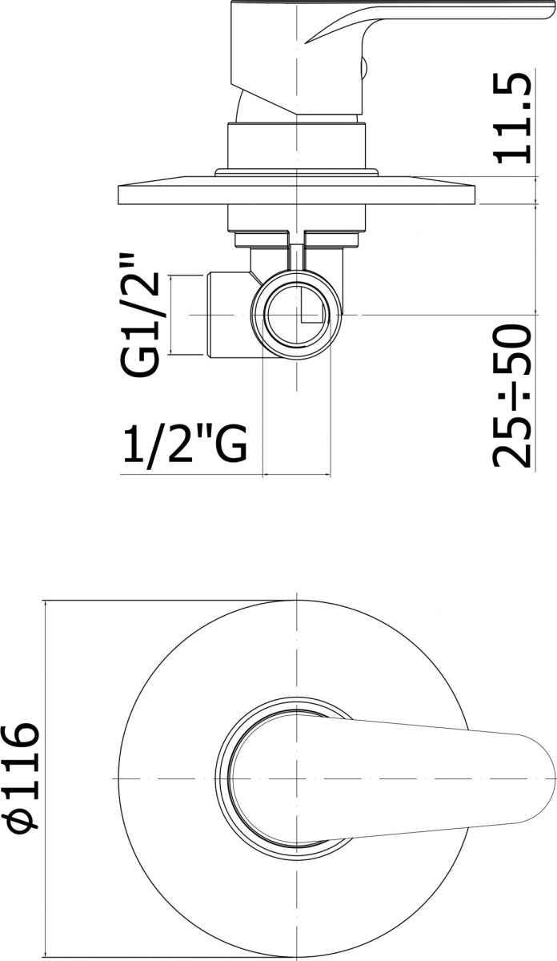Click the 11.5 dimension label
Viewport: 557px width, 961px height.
513,119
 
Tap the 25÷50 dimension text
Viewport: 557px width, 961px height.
512,396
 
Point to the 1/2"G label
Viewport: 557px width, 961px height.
185,443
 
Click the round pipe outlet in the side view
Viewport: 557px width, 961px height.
298,314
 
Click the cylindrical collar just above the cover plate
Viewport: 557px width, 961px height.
297,146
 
